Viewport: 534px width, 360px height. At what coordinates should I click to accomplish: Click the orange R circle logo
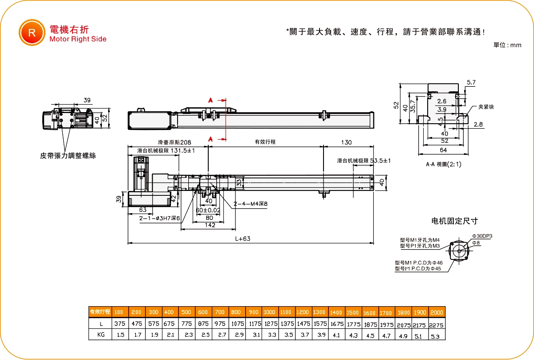32,32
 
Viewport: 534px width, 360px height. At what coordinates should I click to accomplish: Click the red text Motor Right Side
78,39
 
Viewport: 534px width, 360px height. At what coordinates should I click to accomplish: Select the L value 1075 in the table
236,324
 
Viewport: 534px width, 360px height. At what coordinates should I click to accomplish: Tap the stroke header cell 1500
352,312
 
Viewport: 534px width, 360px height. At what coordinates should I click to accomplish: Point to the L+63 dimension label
243,239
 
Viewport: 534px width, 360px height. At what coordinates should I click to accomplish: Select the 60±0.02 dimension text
208,210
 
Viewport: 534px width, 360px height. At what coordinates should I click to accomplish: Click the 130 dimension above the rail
347,142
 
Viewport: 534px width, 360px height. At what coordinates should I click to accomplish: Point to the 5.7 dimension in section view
472,83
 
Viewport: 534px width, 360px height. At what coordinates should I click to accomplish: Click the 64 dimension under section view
443,151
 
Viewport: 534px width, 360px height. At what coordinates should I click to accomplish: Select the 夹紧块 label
486,107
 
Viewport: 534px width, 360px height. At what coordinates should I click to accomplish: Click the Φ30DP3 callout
482,236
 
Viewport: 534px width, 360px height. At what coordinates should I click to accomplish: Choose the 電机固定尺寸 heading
454,221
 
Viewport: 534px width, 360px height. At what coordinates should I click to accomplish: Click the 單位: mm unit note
507,45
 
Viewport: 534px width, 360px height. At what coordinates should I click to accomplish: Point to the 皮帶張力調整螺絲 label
68,156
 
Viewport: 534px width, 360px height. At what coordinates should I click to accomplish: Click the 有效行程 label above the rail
265,142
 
